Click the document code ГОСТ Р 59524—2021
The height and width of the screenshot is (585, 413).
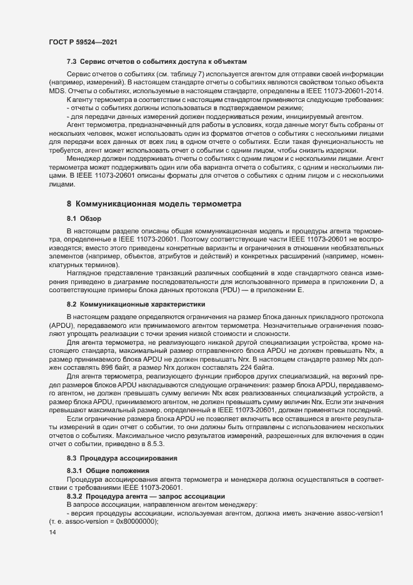(x=82, y=41)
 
